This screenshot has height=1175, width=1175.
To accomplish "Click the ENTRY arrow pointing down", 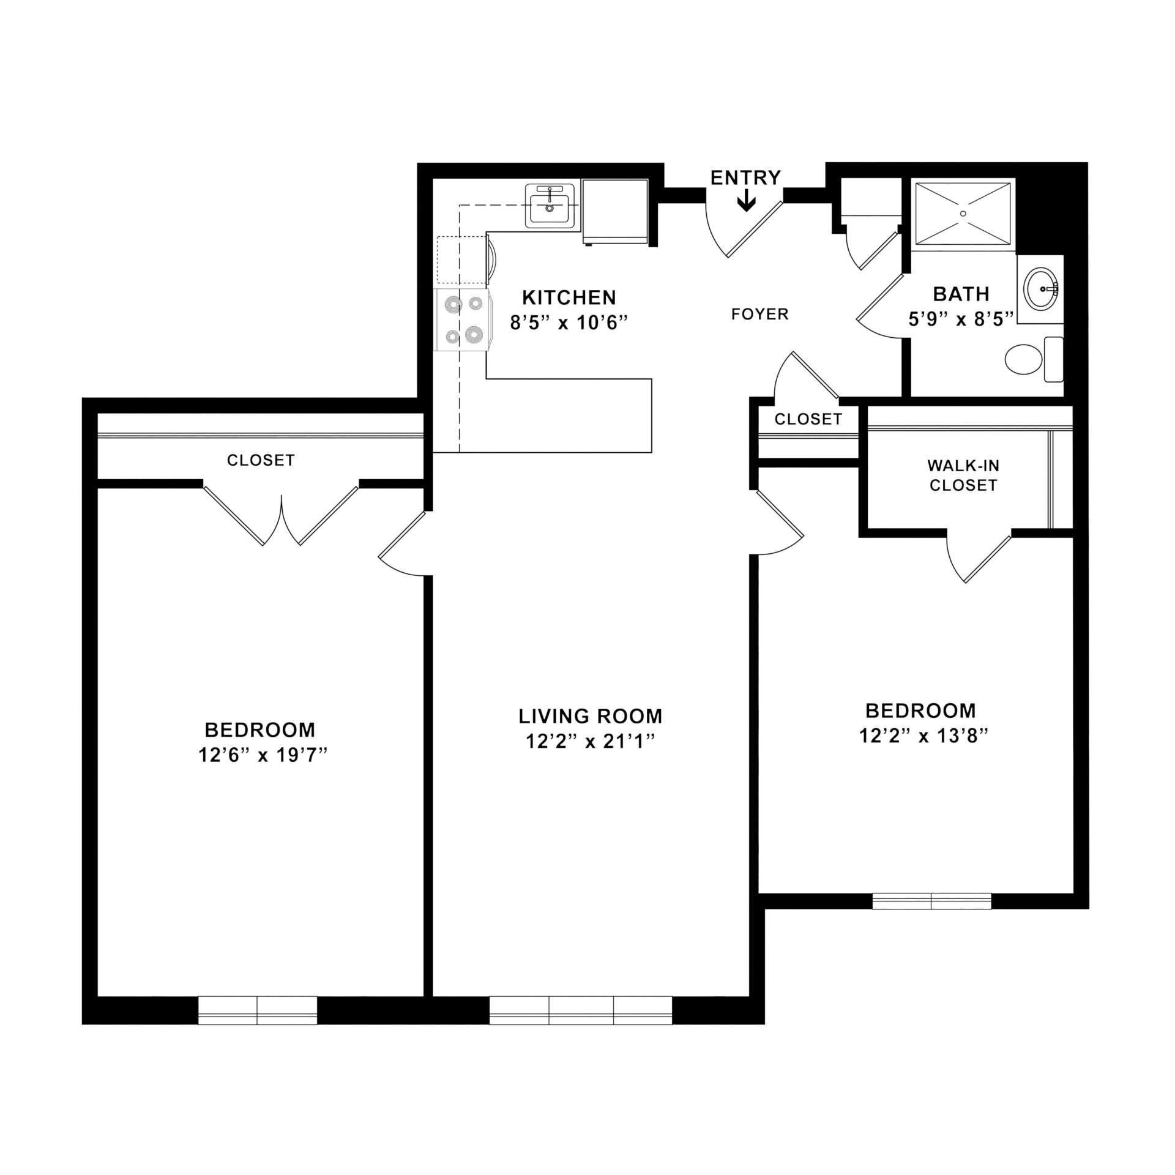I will click(745, 201).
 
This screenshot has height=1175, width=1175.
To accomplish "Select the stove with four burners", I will click(462, 319).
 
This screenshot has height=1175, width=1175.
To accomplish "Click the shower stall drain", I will click(963, 214).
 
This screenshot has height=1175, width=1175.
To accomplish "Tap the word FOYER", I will click(759, 315).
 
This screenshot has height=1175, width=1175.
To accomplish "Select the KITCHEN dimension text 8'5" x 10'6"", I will click(569, 323).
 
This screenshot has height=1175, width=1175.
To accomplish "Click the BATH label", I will click(961, 294).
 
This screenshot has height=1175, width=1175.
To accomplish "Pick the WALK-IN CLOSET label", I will click(963, 476).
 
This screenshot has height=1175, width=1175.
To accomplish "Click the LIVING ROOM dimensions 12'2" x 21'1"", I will click(590, 742).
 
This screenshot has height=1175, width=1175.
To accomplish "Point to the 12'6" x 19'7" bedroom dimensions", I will click(263, 756).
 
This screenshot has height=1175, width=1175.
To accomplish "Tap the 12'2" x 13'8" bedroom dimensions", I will click(923, 736).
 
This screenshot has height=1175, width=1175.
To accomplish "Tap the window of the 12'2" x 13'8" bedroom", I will click(931, 901).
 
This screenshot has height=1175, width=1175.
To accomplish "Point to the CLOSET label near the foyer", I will click(808, 419).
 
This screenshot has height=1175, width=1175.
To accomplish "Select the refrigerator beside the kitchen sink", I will click(614, 211).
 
